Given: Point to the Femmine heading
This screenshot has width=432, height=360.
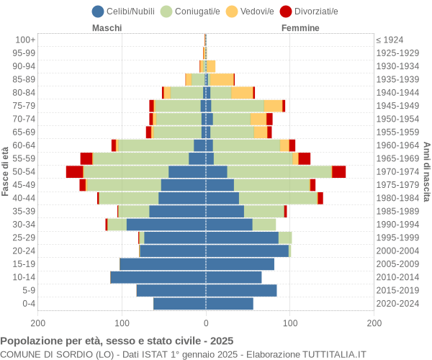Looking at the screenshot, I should (301, 28).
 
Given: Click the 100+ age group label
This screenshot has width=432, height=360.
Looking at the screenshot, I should (25, 40).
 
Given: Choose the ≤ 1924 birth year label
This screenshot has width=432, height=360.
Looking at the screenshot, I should (390, 40).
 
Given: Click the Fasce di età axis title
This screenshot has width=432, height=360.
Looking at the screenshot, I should (6, 171).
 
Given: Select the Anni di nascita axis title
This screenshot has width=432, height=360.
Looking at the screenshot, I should (426, 171).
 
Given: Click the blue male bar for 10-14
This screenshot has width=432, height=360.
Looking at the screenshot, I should (158, 277).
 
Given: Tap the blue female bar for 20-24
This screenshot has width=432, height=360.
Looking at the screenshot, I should (247, 251).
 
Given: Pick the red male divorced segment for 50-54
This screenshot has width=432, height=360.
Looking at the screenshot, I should (74, 171).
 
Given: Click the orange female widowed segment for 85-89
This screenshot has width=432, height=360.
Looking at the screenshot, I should (221, 79).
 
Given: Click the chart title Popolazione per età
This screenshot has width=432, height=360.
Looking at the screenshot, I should (117, 341).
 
